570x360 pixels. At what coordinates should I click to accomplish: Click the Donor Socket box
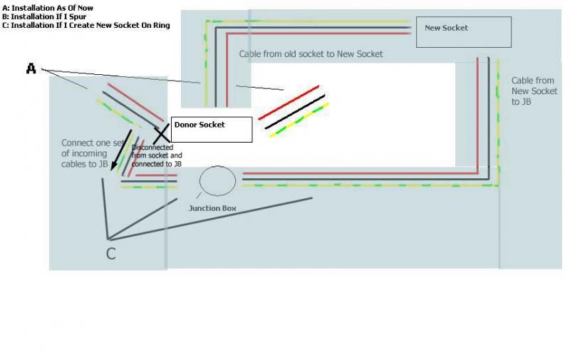click(x=212, y=130)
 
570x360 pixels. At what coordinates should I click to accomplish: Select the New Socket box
click(x=464, y=32)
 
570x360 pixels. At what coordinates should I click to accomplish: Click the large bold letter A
click(x=31, y=68)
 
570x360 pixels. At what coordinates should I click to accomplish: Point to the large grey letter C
click(x=111, y=254)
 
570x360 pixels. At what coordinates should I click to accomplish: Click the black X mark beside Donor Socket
click(x=162, y=133)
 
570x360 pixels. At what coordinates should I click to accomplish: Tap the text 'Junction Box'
click(x=212, y=208)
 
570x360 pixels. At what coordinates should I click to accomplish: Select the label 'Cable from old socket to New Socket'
click(x=311, y=54)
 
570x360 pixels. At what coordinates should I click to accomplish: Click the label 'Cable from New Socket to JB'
click(x=534, y=91)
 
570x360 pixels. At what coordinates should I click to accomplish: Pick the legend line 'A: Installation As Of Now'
click(x=48, y=8)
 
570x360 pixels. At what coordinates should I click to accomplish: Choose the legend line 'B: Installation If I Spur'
click(x=44, y=16)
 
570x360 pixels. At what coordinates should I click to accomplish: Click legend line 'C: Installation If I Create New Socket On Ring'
click(x=85, y=26)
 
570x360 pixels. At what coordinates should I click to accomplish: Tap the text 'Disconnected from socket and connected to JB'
click(x=157, y=155)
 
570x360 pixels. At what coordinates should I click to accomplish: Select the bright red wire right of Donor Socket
click(x=289, y=103)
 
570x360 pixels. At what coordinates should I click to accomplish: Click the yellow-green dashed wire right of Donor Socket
click(x=299, y=120)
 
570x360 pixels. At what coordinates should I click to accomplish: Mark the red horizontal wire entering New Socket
click(x=318, y=34)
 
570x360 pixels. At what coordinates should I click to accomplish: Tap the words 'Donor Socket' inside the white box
click(x=199, y=125)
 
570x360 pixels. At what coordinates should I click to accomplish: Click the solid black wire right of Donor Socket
click(x=295, y=112)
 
